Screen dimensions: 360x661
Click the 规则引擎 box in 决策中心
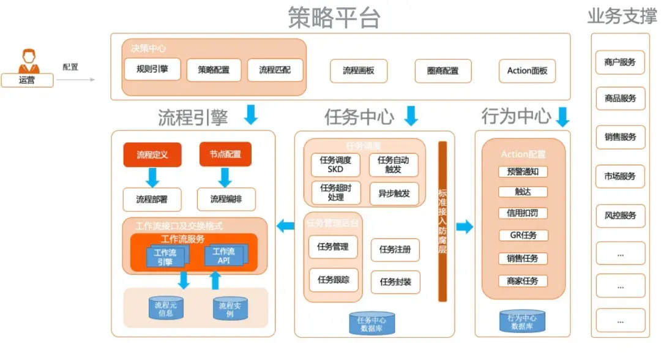pyautogui.click(x=152, y=70)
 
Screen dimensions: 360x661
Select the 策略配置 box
pyautogui.click(x=214, y=70)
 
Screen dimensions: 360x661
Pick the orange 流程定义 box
pyautogui.click(x=152, y=155)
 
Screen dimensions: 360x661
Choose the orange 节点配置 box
pyautogui.click(x=225, y=155)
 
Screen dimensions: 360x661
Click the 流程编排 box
pyautogui.click(x=226, y=199)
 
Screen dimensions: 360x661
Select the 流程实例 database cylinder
pyautogui.click(x=230, y=309)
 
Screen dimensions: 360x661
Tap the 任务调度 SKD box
pyautogui.click(x=335, y=164)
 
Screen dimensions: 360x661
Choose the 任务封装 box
pyautogui.click(x=395, y=282)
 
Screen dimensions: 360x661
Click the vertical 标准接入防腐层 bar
pyautogui.click(x=443, y=222)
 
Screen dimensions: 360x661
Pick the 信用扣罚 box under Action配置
pyautogui.click(x=523, y=214)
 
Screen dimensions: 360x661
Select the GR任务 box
pyautogui.click(x=523, y=235)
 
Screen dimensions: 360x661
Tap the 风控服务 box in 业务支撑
pyautogui.click(x=620, y=216)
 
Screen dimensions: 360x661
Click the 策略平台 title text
pyautogui.click(x=334, y=18)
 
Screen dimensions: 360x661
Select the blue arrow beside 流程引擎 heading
pyautogui.click(x=251, y=114)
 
